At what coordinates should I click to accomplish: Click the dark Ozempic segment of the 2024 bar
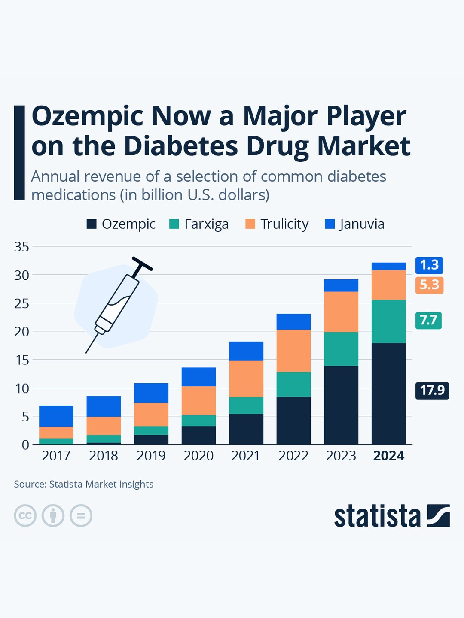[388, 393]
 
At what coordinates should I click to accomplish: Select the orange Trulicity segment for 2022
[293, 351]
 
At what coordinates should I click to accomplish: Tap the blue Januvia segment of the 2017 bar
[56, 416]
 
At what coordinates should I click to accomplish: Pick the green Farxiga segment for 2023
[341, 348]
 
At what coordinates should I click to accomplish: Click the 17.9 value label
[432, 390]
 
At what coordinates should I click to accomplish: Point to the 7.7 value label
[428, 320]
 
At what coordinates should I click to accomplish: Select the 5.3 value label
[429, 285]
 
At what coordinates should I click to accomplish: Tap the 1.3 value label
[429, 265]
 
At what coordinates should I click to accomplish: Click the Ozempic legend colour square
[92, 224]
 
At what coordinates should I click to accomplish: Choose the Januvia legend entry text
[362, 224]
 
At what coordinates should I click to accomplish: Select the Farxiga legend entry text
[206, 224]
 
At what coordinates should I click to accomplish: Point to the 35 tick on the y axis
[21, 247]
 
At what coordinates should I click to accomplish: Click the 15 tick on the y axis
[21, 360]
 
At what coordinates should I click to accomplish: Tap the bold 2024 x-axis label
[388, 456]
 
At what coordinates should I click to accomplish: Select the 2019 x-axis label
[151, 456]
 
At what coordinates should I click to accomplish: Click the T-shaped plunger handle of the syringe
[142, 264]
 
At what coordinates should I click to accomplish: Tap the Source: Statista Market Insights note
[84, 484]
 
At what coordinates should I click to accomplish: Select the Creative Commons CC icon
[25, 515]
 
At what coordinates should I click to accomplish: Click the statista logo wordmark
[377, 516]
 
